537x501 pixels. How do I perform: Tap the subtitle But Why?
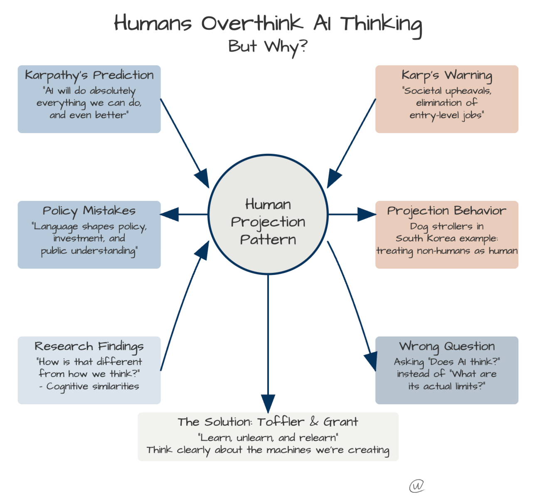tap(268, 47)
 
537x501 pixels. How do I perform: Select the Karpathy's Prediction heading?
tap(89, 75)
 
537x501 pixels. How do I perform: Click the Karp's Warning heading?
tap(447, 75)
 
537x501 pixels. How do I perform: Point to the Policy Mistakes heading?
tap(89, 211)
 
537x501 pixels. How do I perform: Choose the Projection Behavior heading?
tap(447, 211)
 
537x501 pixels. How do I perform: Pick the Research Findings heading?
tap(89, 346)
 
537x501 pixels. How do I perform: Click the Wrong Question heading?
tap(447, 346)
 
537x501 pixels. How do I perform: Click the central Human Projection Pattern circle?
tap(268, 215)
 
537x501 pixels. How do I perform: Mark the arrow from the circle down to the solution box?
tap(268, 341)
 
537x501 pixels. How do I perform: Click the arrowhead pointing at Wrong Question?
tap(371, 360)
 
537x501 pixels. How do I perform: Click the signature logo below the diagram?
tap(417, 486)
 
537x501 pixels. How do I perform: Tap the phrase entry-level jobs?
tap(446, 115)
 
